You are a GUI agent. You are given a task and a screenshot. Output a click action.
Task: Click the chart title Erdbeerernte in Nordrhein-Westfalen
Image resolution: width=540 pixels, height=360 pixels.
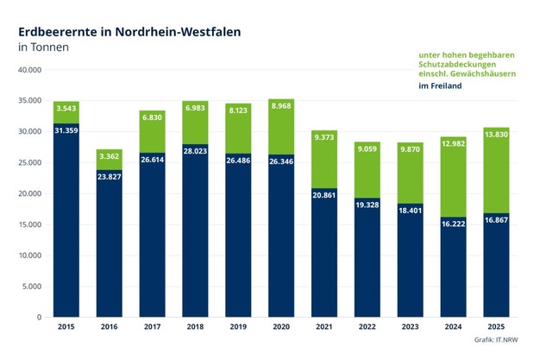pos(129,31)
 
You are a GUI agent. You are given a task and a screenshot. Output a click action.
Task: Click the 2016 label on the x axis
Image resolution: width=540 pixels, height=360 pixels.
pos(110,327)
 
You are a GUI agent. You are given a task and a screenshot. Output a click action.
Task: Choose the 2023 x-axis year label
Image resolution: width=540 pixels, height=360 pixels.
pos(411,327)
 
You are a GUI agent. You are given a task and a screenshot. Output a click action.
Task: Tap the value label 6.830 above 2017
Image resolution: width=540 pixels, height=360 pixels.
pos(153,117)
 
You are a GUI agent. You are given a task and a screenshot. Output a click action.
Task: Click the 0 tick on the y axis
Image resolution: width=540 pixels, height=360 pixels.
pos(39,317)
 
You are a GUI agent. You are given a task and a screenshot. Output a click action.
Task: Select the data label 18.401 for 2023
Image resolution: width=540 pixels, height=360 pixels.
pos(411,210)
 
